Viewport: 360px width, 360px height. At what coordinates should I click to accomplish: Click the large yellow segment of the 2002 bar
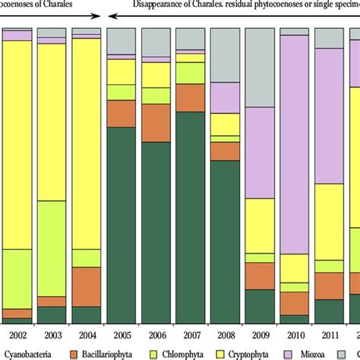pos(17,144)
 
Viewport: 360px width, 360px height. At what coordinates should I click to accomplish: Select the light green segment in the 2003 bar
pos(52,248)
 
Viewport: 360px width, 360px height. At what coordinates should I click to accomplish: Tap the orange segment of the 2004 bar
pos(86,286)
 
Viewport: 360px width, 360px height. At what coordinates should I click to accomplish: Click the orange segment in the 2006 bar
pos(156,122)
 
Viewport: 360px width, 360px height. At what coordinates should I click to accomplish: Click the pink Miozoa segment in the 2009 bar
pos(259,152)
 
